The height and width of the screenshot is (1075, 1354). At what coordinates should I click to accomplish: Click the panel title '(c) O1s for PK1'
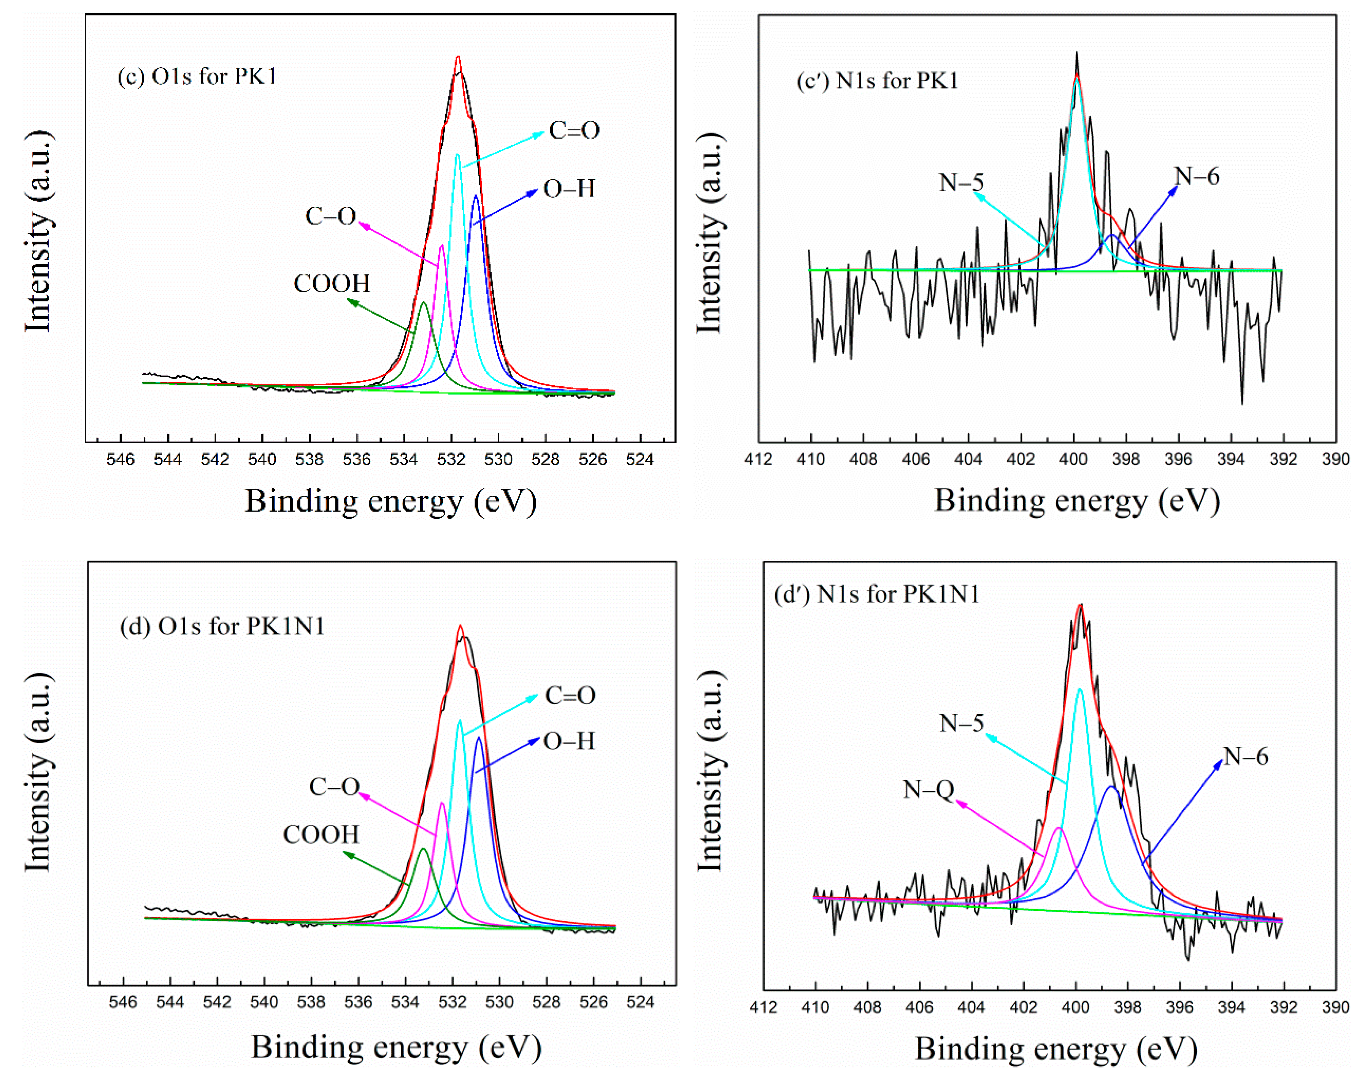click(x=197, y=77)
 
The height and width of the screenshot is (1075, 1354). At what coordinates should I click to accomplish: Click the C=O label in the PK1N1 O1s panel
click(x=570, y=695)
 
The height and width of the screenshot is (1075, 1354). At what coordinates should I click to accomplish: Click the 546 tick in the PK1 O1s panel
click(x=121, y=460)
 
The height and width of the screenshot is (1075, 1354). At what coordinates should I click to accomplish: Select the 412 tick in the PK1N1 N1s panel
click(x=763, y=1007)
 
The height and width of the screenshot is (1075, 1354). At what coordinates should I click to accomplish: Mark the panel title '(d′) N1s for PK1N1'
click(x=877, y=594)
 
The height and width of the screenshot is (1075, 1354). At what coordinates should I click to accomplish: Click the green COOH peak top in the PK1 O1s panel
click(x=424, y=303)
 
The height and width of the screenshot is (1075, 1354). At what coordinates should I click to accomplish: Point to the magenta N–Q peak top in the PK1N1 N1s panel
click(x=1059, y=828)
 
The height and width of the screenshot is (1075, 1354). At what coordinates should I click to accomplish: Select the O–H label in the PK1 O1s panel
click(x=568, y=189)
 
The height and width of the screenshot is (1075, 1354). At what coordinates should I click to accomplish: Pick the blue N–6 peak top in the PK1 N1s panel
click(x=1112, y=236)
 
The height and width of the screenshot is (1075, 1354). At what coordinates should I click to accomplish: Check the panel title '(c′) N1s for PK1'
click(x=877, y=81)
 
